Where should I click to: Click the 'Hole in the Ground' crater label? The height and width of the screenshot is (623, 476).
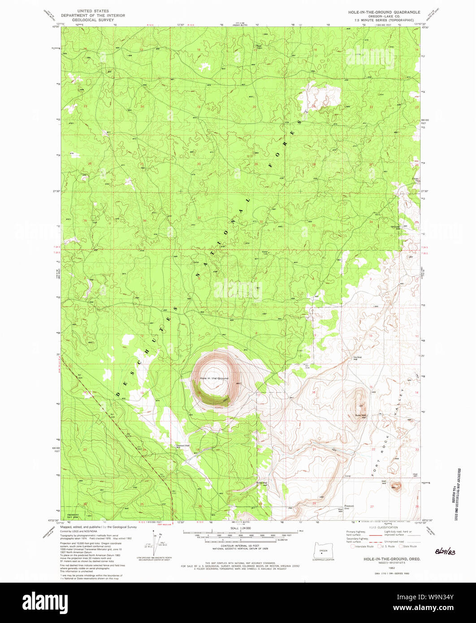pyautogui.click(x=214, y=378)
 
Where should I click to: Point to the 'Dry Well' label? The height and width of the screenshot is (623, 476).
pyautogui.click(x=357, y=357)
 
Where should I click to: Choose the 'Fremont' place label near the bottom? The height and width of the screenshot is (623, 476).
pyautogui.click(x=349, y=506)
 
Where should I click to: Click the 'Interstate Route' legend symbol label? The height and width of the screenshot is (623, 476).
pyautogui.click(x=364, y=546)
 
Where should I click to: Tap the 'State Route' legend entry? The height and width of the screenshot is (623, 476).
pyautogui.click(x=410, y=546)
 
